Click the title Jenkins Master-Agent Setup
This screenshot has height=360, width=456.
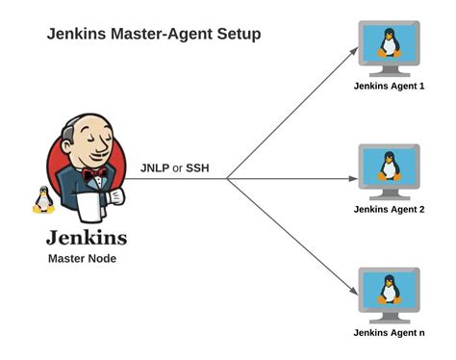pos(154,35)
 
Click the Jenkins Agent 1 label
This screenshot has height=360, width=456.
pos(390,86)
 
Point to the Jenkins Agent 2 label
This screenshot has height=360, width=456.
pos(390,208)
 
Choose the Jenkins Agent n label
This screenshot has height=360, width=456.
pos(390,332)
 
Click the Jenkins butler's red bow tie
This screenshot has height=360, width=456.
pos(93,175)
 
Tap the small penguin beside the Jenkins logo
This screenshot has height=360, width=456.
pos(42,199)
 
